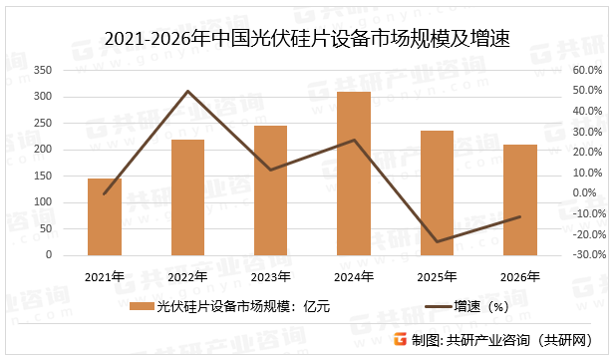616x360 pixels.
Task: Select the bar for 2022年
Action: [187, 197]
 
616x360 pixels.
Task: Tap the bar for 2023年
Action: [270, 190]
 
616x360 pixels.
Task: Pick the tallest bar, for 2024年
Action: [354, 174]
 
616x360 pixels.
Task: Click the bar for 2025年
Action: [437, 192]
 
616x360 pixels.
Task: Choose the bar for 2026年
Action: [519, 199]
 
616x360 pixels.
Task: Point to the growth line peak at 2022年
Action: [187, 92]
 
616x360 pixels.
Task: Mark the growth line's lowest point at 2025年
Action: [437, 241]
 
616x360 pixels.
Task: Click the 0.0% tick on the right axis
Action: [584, 193]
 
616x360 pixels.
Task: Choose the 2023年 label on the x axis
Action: [270, 276]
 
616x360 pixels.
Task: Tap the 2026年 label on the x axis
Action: [519, 276]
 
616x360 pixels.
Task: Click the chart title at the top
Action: [307, 39]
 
